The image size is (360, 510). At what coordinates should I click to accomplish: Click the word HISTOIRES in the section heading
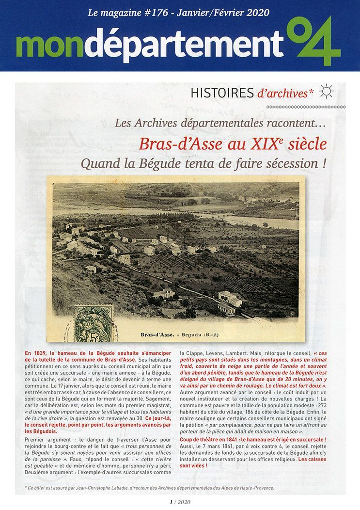coord(222,93)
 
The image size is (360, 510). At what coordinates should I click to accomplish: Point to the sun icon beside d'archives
coord(327,92)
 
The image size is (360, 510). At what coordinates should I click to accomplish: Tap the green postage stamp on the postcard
coord(93,323)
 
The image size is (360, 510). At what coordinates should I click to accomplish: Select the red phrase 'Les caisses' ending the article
coord(312,459)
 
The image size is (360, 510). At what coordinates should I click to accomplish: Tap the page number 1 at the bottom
coord(171,502)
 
